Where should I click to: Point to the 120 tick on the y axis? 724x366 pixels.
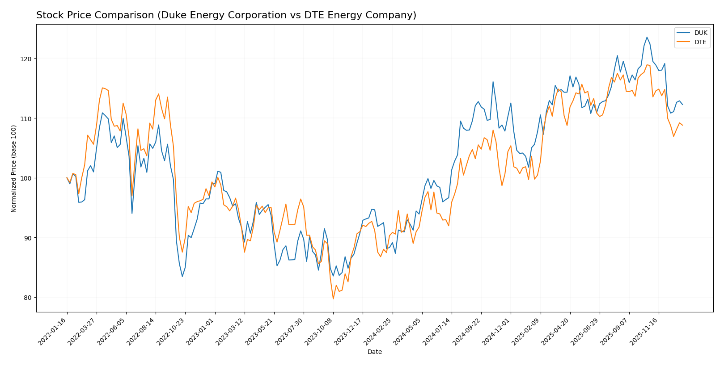click(x=27, y=59)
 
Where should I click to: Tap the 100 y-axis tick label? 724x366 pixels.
click(x=27, y=178)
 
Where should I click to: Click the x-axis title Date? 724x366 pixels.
click(x=374, y=352)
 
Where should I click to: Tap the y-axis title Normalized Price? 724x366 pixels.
click(x=14, y=168)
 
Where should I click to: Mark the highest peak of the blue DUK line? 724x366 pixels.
click(x=647, y=37)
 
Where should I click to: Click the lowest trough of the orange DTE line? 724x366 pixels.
click(x=333, y=299)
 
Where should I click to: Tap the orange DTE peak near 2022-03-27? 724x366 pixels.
click(x=102, y=88)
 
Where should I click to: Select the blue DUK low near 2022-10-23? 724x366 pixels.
click(x=182, y=276)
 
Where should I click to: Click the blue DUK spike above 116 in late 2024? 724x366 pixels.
click(x=493, y=82)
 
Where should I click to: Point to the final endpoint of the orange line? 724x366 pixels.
click(x=682, y=125)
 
